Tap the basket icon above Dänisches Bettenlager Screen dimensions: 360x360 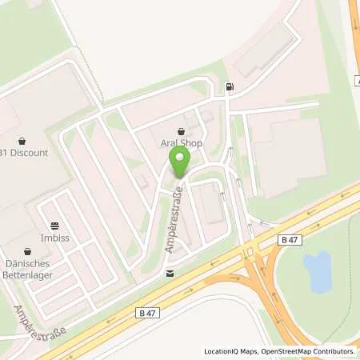click(27, 250)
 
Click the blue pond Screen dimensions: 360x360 click(318, 270)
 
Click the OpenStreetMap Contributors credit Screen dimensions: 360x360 click(308, 351)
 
